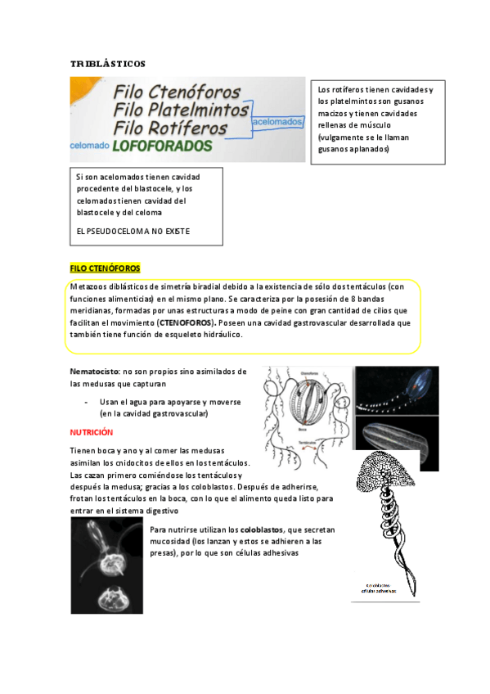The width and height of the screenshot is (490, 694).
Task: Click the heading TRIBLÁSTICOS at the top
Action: (107, 63)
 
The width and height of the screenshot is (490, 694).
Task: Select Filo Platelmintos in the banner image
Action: (182, 109)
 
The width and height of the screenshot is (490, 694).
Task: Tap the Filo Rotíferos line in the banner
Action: (170, 128)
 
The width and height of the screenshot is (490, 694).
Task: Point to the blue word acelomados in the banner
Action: (278, 121)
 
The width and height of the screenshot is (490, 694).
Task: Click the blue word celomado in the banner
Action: (89, 146)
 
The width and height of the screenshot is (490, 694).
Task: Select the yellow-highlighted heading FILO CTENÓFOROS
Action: (105, 268)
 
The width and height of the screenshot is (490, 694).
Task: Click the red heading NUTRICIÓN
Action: (91, 431)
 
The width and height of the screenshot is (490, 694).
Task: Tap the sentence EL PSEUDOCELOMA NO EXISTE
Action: (133, 231)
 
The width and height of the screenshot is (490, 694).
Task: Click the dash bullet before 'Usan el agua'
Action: (87, 402)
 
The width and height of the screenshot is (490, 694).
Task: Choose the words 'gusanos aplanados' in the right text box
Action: (353, 149)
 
